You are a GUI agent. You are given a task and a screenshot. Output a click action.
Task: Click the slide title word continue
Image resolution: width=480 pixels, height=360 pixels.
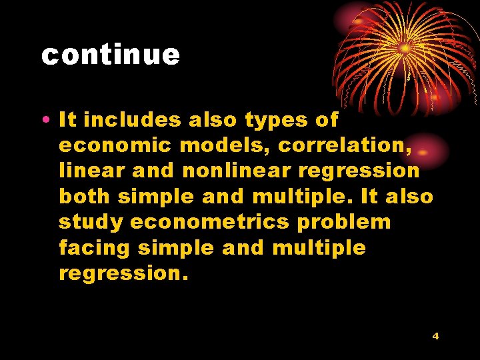[x=111, y=55]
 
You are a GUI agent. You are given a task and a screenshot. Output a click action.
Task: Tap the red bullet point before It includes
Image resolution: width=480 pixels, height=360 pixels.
[x=43, y=121]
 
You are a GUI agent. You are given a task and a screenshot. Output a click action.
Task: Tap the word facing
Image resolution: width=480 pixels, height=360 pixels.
[x=94, y=248]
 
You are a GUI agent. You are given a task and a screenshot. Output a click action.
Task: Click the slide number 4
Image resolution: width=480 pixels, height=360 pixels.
[x=435, y=336]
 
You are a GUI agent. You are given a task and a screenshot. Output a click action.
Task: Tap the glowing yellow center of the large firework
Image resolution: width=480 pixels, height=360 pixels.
[x=405, y=48]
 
